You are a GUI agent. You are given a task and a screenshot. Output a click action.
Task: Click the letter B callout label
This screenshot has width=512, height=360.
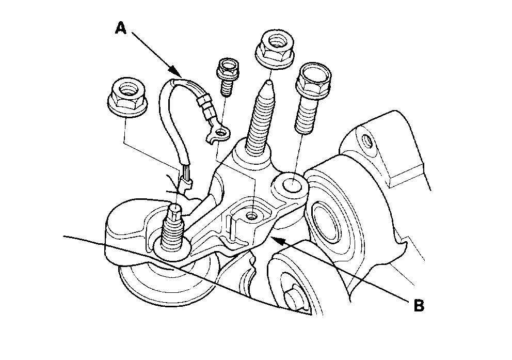click(419, 305)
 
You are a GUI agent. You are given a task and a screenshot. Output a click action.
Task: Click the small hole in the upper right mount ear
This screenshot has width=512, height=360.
click(367, 139)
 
